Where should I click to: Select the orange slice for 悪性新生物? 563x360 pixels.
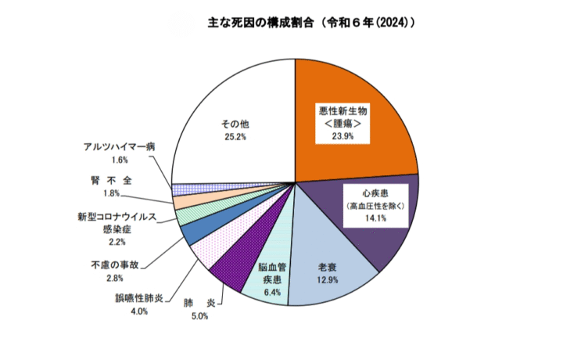(x=375, y=86)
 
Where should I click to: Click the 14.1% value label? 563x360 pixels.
(x=377, y=219)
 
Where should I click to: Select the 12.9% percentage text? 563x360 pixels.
(x=328, y=280)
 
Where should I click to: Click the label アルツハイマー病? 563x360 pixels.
(x=120, y=146)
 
